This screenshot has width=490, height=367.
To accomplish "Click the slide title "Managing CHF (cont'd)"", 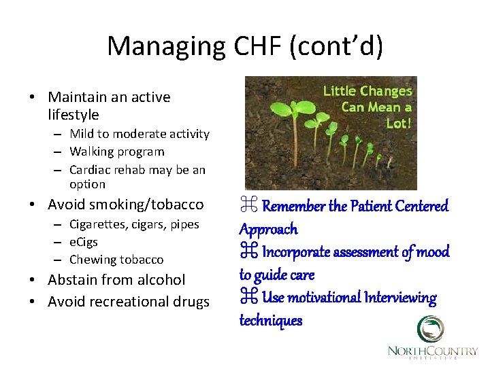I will click(245, 46).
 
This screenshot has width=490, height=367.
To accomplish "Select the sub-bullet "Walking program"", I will click(117, 152).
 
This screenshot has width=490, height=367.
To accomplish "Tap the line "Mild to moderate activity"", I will click(140, 134).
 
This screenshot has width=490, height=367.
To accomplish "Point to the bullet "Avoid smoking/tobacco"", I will click(125, 205).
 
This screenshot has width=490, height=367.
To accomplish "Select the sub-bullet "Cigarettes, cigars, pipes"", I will click(134, 224).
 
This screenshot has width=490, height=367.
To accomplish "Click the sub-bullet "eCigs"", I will click(84, 242).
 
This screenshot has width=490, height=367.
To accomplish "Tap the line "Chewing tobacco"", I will click(116, 260).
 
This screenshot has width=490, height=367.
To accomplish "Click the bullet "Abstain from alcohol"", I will click(116, 280).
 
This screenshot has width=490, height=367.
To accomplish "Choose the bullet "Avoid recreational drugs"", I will click(129, 302).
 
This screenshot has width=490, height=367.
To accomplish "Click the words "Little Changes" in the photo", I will click(367, 91).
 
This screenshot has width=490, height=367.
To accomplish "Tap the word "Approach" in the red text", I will click(268, 229).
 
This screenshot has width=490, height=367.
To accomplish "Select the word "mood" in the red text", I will click(433, 252).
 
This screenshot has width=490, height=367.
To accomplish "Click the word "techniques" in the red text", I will click(270, 321).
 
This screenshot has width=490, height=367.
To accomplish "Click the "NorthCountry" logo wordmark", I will click(432, 351).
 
